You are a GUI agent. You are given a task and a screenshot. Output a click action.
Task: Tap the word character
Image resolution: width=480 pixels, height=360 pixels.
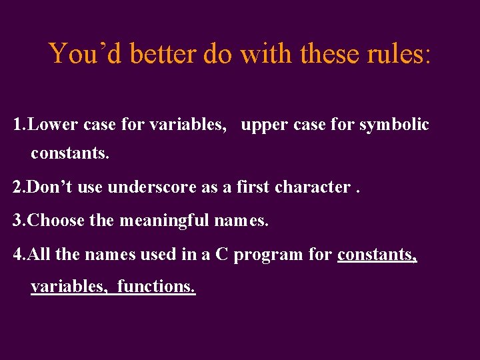point(313,187)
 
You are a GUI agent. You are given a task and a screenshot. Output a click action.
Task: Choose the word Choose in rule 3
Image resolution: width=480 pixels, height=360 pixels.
point(56,221)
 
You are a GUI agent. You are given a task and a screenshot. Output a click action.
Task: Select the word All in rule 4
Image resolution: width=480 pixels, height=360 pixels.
point(41,254)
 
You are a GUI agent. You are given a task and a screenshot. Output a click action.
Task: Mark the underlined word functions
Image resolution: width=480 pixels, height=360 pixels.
point(156,287)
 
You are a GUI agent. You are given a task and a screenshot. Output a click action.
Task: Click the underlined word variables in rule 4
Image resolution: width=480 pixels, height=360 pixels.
point(69,287)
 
